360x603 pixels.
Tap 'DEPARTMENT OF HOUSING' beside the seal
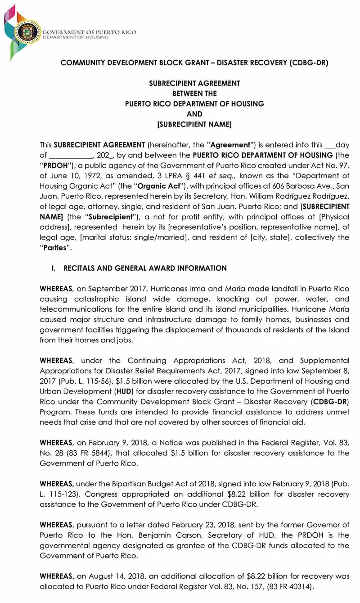76,37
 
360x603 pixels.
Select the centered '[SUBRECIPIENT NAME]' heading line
194,124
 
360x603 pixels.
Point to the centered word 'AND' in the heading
194,114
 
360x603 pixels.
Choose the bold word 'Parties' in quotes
55,248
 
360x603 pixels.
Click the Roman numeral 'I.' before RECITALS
54,268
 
